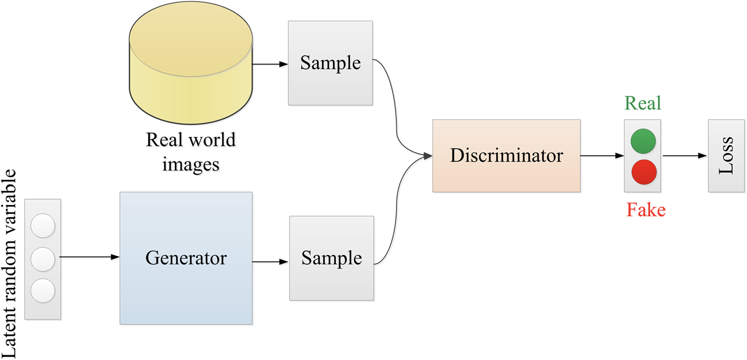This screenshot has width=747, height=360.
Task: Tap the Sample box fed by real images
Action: [330, 63]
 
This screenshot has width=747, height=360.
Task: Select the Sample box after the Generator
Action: [331, 258]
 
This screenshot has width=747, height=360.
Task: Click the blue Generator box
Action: [186, 258]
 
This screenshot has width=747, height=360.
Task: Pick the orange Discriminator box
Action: [506, 155]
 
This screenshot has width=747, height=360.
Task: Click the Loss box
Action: [726, 155]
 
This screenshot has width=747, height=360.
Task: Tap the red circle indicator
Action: [643, 172]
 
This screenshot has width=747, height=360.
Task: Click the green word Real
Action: [643, 103]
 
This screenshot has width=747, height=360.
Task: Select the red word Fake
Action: [646, 210]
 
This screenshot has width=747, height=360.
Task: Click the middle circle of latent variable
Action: [43, 259]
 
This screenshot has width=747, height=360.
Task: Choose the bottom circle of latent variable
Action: [43, 290]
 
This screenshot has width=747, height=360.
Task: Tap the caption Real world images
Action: [191, 152]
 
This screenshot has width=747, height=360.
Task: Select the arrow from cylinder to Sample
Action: [270, 64]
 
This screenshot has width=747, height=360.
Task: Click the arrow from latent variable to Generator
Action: [90, 258]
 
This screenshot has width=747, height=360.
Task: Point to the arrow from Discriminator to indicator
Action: [602, 155]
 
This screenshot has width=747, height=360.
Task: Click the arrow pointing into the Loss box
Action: [685, 155]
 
